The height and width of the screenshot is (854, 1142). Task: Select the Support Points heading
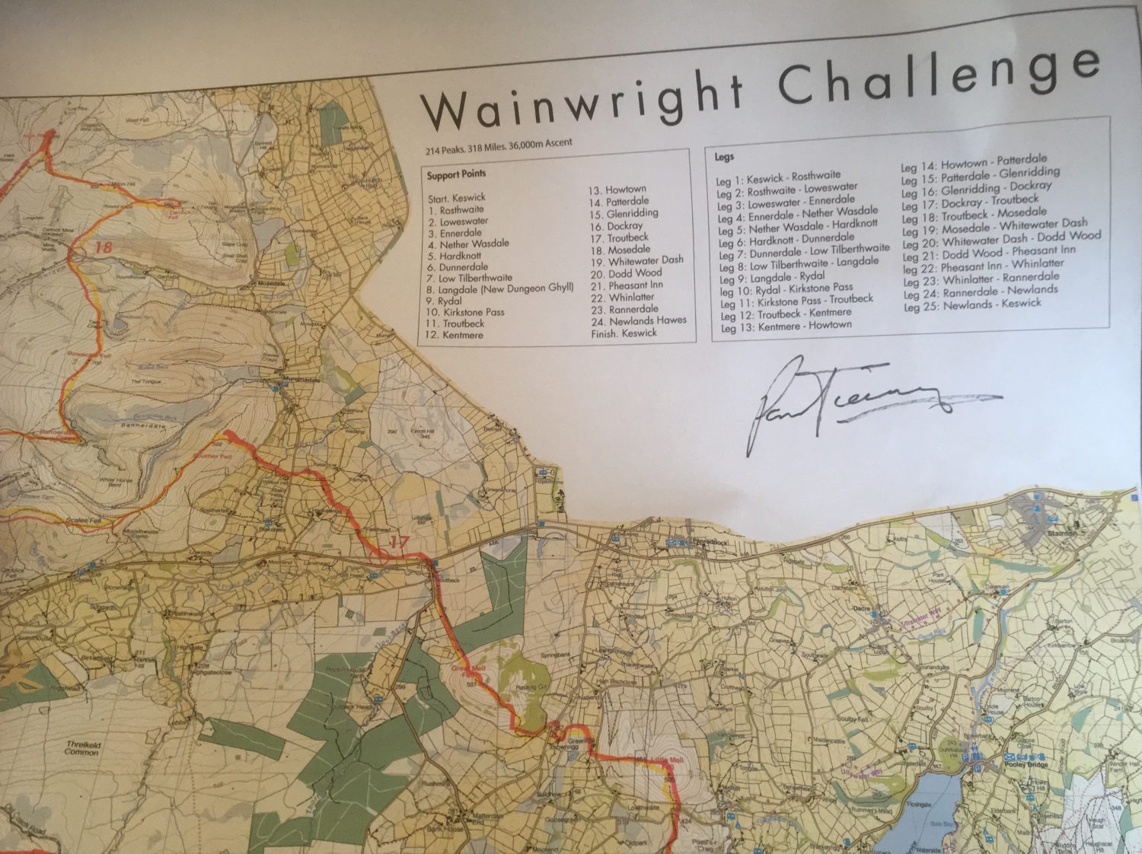456,174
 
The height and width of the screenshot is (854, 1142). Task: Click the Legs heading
725,157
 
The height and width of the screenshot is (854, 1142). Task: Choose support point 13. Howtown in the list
616,190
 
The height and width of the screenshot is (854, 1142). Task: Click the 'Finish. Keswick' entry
624,333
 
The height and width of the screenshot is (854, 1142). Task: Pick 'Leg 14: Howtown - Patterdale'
974,163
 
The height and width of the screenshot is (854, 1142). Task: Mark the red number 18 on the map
104,247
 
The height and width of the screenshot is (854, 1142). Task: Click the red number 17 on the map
399,542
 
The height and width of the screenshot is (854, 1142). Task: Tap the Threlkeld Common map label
81,747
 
